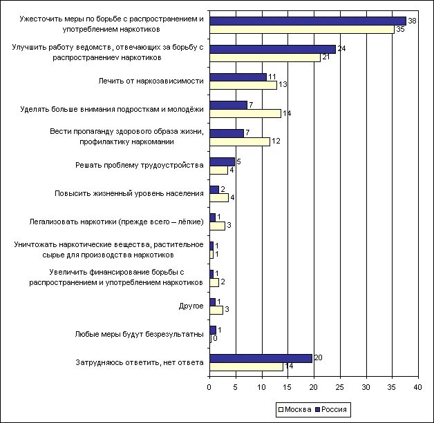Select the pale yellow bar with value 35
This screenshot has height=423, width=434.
pos(301,29)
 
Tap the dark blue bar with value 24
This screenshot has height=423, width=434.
pos(272,49)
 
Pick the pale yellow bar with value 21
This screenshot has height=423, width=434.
pos(265,57)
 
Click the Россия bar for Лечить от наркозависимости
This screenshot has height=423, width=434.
pos(238,77)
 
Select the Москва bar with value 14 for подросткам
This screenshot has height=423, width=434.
pos(245,113)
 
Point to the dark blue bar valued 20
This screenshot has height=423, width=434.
pos(261,358)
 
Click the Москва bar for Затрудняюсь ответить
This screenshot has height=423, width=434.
pos(246,366)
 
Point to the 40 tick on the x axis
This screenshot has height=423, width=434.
pos(418,388)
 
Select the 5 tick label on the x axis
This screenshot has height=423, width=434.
pos(236,388)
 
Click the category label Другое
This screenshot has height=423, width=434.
pos(191,306)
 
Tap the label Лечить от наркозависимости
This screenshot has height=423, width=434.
pos(151,81)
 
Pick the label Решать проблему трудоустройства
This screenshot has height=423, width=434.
pos(139,166)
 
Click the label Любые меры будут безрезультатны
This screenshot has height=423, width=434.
pos(139,334)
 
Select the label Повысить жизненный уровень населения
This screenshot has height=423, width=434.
pos(129,193)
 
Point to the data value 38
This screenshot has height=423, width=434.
pos(411,21)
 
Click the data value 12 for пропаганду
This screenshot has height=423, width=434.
pos(275,141)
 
